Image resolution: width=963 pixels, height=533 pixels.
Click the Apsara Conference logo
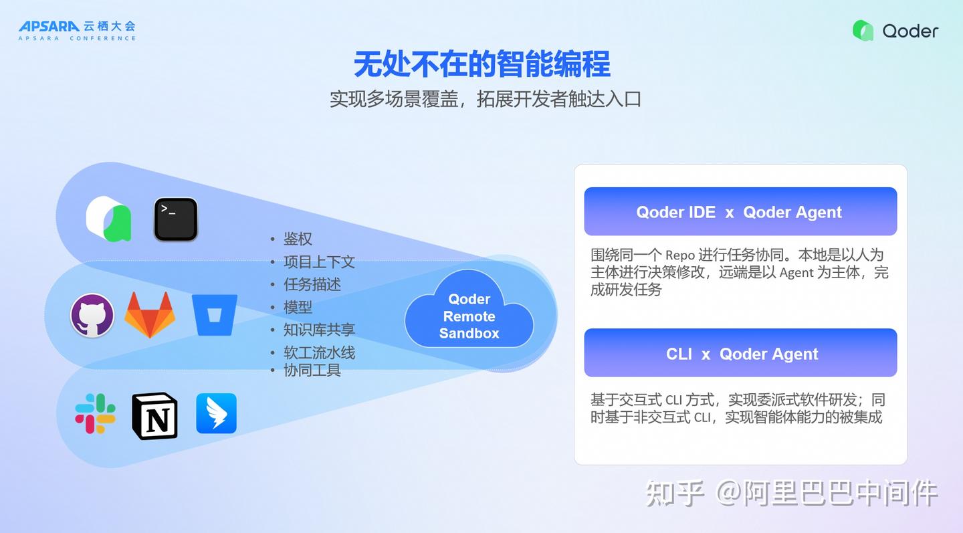pos(77,29)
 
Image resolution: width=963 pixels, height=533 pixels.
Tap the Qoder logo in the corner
pos(895,30)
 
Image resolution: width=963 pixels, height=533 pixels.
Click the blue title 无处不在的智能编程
pos(481,65)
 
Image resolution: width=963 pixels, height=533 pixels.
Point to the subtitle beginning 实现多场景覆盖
pos(486,99)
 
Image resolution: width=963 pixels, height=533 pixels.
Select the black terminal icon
pos(175,219)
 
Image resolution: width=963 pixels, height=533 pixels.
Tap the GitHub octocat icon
pos(92,315)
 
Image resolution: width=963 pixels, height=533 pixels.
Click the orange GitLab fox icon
pos(149,314)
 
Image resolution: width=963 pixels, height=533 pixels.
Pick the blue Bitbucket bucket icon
pos(214,314)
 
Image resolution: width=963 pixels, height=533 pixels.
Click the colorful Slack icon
pos(95,413)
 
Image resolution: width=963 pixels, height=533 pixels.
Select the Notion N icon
pos(154,415)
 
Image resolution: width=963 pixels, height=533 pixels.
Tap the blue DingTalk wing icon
pos(216,413)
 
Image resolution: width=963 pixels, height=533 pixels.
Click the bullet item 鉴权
pos(298,239)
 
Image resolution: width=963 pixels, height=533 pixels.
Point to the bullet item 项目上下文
pos(318,261)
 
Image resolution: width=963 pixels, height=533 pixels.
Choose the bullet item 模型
pos(298,307)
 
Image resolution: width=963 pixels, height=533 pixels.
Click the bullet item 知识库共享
pos(318,330)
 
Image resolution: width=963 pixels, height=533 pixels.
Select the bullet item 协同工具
pos(312,370)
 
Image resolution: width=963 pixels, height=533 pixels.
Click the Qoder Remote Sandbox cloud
pos(469,316)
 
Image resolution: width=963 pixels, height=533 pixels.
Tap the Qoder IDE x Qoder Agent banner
pos(740,212)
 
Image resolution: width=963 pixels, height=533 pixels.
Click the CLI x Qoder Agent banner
pos(740,353)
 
